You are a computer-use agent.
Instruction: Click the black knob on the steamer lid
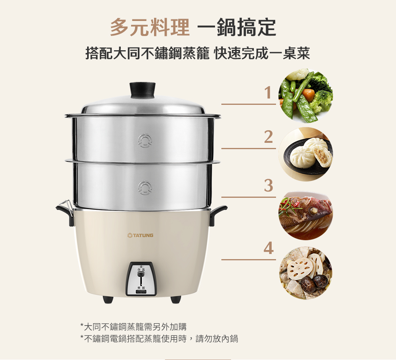pyautogui.click(x=143, y=91)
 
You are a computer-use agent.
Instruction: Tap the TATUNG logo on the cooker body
pyautogui.click(x=141, y=235)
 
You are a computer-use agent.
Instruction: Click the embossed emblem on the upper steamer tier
pyautogui.click(x=145, y=140)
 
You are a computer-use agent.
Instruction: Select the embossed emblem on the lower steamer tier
pyautogui.click(x=145, y=188)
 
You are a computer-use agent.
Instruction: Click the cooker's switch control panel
pyautogui.click(x=141, y=279)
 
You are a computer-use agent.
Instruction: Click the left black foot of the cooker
pyautogui.click(x=108, y=299)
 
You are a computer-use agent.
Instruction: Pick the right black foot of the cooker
pyautogui.click(x=175, y=299)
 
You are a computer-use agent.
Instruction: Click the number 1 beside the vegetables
pyautogui.click(x=268, y=93)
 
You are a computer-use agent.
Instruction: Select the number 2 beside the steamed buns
pyautogui.click(x=268, y=137)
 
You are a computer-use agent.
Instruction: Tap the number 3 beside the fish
pyautogui.click(x=268, y=186)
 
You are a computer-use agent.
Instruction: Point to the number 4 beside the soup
pyautogui.click(x=268, y=248)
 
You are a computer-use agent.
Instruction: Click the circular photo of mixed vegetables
pyautogui.click(x=306, y=96)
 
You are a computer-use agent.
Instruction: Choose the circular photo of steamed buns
pyautogui.click(x=306, y=154)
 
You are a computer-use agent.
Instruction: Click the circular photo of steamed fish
pyautogui.click(x=306, y=215)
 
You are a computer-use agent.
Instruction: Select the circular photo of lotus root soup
pyautogui.click(x=306, y=273)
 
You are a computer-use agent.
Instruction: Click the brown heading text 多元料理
pyautogui.click(x=150, y=27)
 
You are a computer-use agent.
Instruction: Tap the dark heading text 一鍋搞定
pyautogui.click(x=237, y=27)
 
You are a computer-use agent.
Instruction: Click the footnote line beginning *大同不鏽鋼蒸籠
pyautogui.click(x=133, y=327)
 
